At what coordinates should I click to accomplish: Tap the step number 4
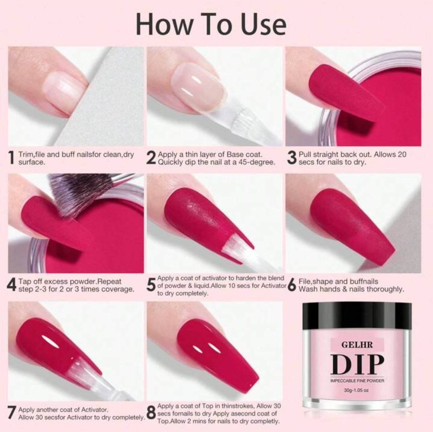coord(12,285)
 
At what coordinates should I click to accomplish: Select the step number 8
coord(151,414)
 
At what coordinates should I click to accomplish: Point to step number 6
coord(292,285)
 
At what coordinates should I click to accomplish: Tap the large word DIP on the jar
coord(357,364)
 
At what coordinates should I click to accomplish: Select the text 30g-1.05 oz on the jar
coord(357,390)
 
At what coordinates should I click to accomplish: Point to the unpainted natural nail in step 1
coord(64,90)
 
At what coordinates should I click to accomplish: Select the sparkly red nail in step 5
coord(201,217)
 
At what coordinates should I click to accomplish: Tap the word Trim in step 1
coord(25,154)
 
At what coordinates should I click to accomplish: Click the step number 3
coord(292,158)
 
